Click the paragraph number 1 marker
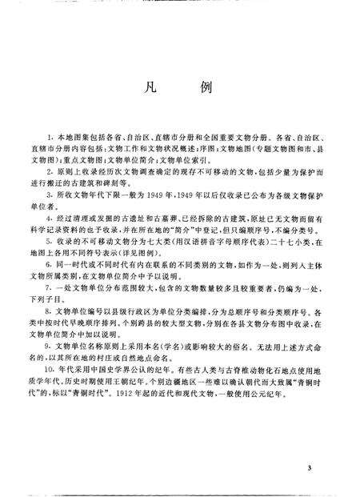[50, 141]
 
